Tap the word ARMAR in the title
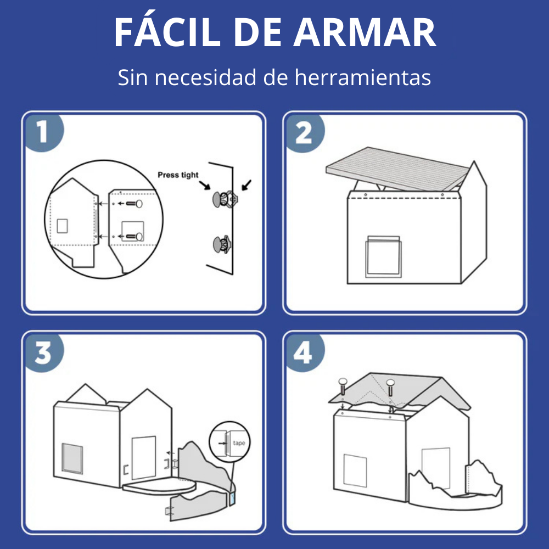pyautogui.click(x=365, y=32)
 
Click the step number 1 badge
pyautogui.click(x=43, y=132)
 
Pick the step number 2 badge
pyautogui.click(x=304, y=133)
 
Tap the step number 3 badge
pyautogui.click(x=43, y=352)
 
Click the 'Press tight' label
pyautogui.click(x=178, y=175)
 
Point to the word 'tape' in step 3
pyautogui.click(x=239, y=443)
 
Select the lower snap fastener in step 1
pyautogui.click(x=222, y=244)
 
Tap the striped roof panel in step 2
pyautogui.click(x=397, y=169)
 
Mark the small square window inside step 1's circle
pyautogui.click(x=63, y=226)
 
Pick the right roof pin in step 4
pyautogui.click(x=390, y=388)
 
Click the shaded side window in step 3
pyautogui.click(x=72, y=458)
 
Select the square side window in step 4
pyautogui.click(x=355, y=470)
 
